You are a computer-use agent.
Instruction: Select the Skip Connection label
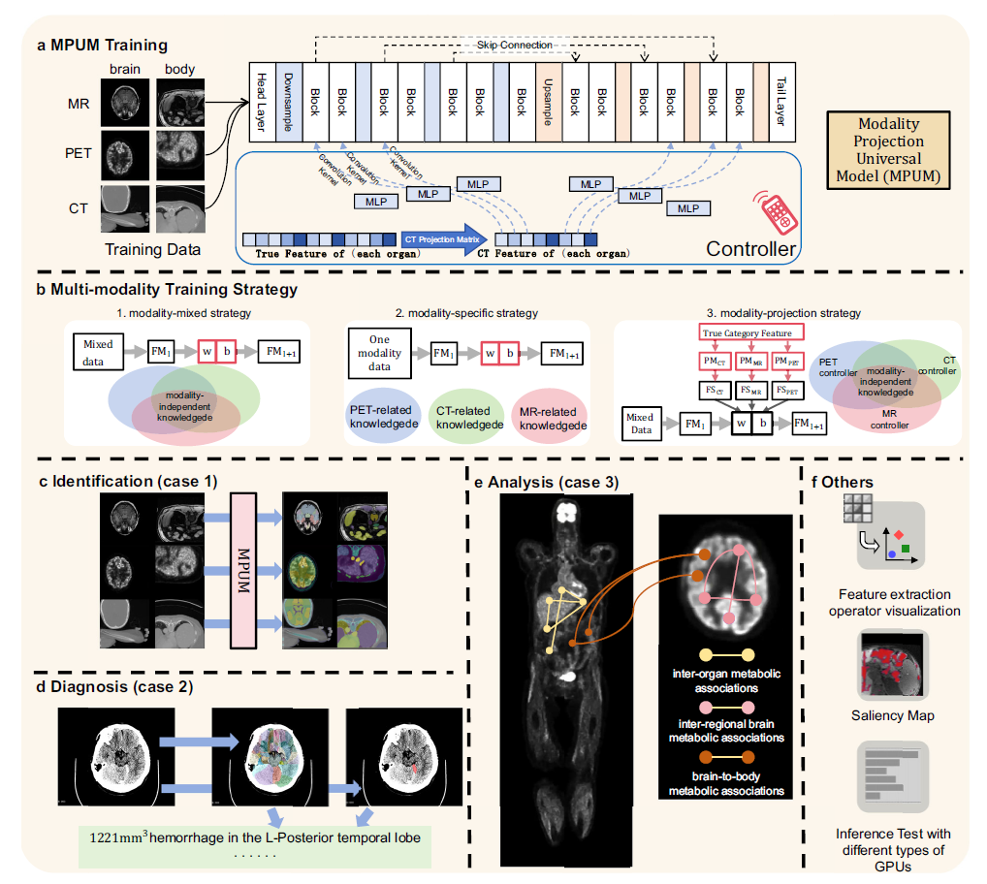pyautogui.click(x=515, y=46)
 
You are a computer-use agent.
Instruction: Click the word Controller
pyautogui.click(x=746, y=249)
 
